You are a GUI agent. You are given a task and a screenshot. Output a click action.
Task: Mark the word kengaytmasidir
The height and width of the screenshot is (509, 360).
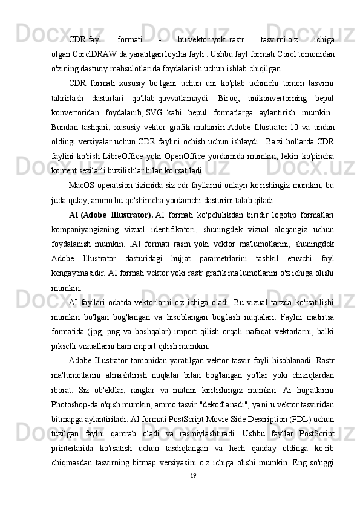click(x=80, y=267)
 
